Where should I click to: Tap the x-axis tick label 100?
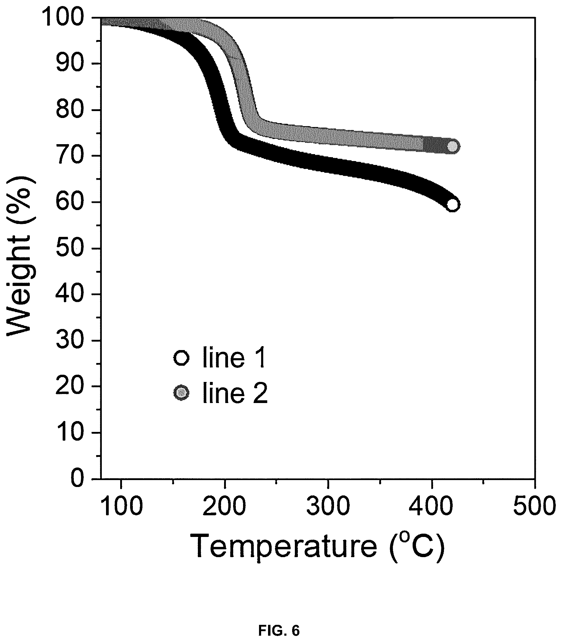[x=121, y=507]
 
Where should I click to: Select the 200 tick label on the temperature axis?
[x=224, y=507]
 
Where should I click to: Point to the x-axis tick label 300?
[x=328, y=507]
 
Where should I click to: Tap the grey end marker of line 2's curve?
[x=453, y=146]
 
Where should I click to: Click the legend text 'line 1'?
[x=235, y=357]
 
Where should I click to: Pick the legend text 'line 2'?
[x=235, y=392]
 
